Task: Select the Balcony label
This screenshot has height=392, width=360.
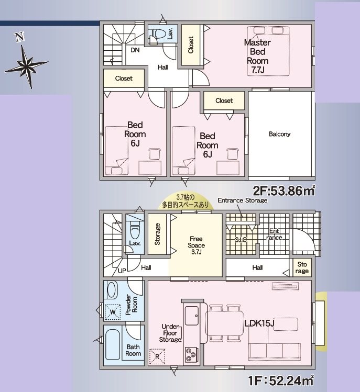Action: (279, 134)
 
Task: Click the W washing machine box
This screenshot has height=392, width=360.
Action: (112, 312)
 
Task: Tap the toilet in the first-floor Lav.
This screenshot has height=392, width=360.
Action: (134, 229)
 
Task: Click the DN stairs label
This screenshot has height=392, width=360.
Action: (135, 50)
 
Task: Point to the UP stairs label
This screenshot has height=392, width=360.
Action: (122, 271)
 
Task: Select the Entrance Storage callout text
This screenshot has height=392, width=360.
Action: (242, 200)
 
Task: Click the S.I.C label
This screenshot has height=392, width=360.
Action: (241, 239)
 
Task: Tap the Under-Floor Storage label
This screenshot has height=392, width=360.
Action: (170, 332)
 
